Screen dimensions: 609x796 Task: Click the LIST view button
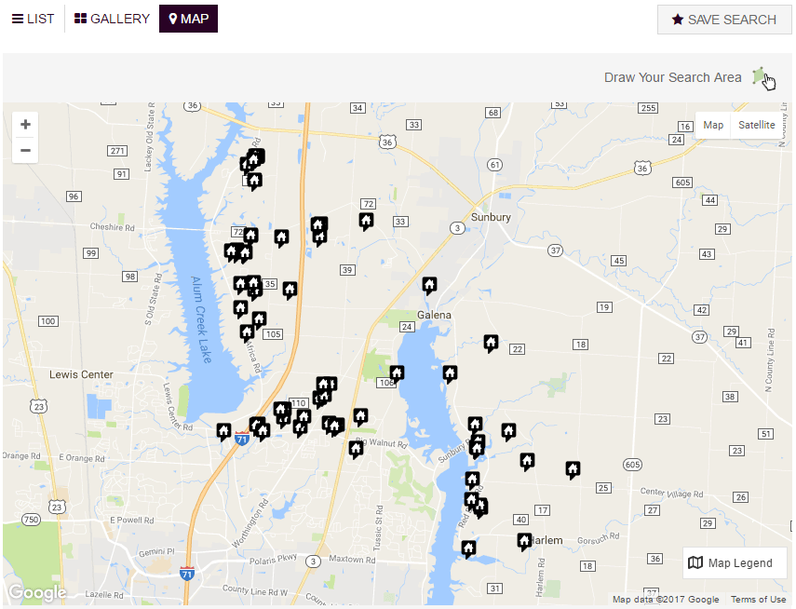33,19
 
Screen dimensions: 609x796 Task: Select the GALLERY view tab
112,19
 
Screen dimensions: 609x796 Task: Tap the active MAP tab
188,19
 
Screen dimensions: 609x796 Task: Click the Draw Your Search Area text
672,77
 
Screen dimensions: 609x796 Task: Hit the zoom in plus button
25,125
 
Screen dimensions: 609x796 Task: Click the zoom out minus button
25,150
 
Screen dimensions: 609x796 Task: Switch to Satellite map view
756,125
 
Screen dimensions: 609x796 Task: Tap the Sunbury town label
491,217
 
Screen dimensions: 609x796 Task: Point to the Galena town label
434,315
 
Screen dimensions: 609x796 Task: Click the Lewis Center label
82,374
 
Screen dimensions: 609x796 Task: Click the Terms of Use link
758,600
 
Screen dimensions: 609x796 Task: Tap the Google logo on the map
37,592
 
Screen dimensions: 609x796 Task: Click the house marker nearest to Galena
429,284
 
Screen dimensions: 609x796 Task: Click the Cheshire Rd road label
113,226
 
